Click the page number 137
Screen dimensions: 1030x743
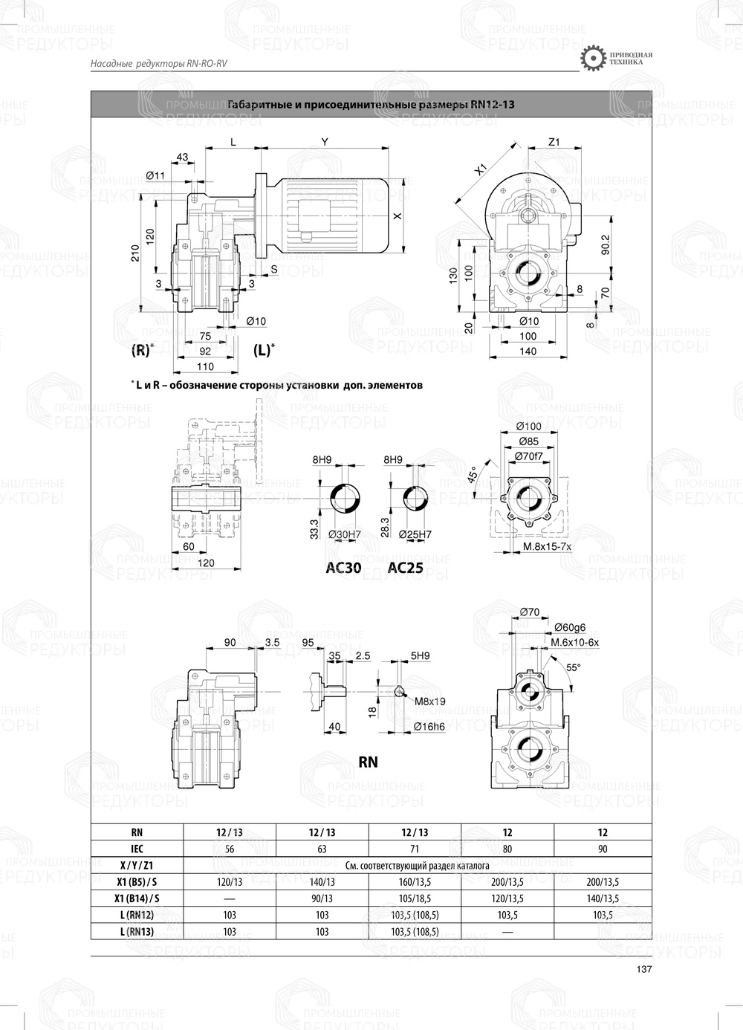tap(644, 969)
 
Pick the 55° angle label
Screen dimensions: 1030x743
tap(573, 667)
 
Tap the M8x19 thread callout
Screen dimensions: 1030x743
tap(430, 701)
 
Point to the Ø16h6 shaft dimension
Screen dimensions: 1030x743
tap(429, 726)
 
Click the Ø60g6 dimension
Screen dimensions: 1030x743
tap(569, 627)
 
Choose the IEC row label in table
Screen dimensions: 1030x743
tap(137, 849)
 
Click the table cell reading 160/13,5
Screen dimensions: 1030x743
tap(415, 882)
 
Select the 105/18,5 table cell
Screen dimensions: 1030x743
tap(415, 898)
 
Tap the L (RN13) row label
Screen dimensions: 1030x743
tap(137, 931)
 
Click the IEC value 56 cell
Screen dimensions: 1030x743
tap(230, 849)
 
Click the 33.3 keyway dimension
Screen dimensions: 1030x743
tap(315, 528)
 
